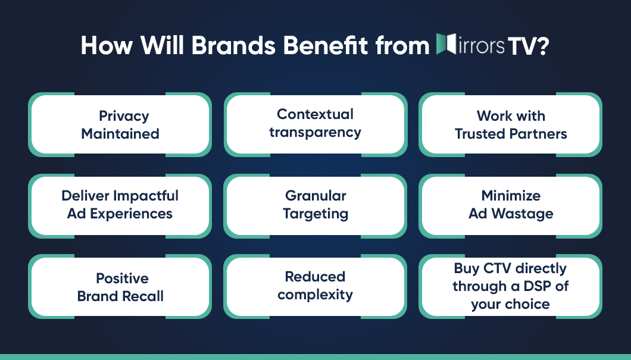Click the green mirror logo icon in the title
click(446, 45)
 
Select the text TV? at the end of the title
click(528, 46)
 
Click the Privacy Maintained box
click(120, 124)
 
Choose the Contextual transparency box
click(315, 123)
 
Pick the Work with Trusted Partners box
click(511, 124)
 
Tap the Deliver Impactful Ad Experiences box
click(120, 205)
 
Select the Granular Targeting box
click(315, 205)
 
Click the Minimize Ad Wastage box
click(511, 205)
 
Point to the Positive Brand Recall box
click(120, 287)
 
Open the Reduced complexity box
click(315, 286)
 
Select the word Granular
click(315, 196)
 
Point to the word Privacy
click(124, 116)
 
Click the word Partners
click(538, 134)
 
